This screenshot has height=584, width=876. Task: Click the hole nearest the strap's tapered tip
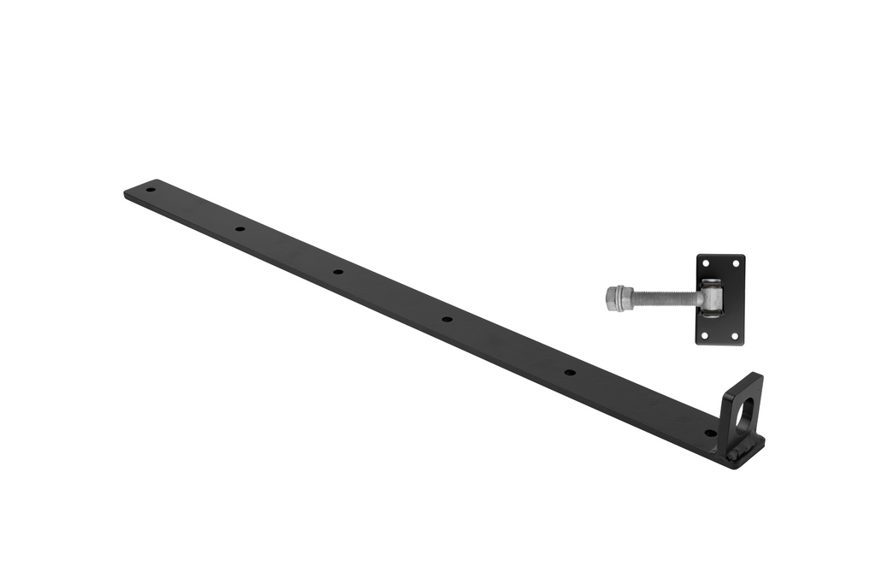151,189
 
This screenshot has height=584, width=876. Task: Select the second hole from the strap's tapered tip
240,229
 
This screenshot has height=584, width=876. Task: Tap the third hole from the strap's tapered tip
338,272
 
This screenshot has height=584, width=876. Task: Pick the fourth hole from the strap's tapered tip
447,319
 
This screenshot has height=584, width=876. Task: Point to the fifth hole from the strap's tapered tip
569,373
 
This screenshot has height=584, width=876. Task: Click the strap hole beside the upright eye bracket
709,433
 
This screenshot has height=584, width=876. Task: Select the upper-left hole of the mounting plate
706,264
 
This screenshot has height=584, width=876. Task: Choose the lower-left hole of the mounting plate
706,334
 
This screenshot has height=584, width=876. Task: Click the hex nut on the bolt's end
613,298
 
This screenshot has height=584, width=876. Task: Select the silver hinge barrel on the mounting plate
712,299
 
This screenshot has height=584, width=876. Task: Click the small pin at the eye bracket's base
733,455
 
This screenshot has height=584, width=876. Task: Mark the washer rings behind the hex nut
628,298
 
